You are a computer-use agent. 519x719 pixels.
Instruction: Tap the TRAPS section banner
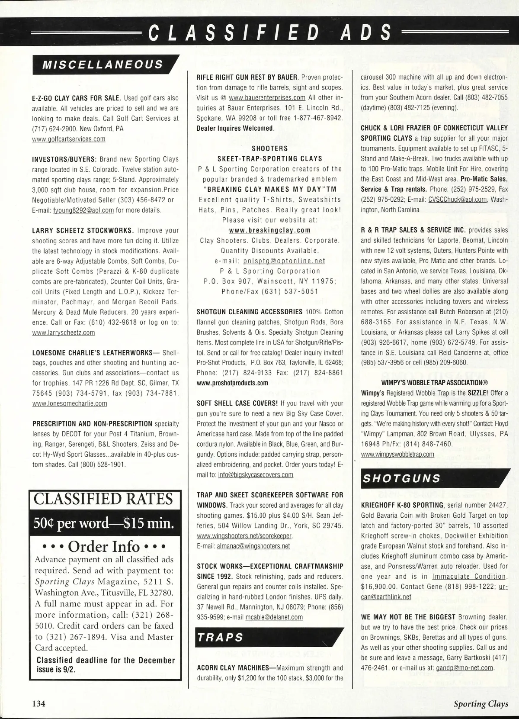pos(221,638)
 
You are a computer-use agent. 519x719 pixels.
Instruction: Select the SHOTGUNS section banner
pos(401,478)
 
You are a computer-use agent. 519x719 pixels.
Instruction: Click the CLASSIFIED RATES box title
pos(103,499)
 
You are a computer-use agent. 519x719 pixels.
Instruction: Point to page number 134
pos(38,703)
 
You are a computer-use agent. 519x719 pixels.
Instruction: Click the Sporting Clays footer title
pos(481,703)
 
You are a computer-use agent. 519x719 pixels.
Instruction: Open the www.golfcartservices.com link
pos(69,139)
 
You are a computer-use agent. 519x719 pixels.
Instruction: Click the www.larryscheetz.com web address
pos(64,332)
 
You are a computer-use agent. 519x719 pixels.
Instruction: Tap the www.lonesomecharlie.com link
pos(70,403)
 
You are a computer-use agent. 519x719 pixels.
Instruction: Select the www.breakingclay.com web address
pos(269,230)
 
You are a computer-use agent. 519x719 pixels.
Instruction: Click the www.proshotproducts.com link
pos(232,383)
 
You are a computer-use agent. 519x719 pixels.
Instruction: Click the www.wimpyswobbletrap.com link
pos(397,454)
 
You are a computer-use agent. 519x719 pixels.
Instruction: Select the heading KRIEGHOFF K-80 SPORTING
pos(402,505)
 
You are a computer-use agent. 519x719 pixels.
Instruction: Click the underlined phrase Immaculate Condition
pos(469,577)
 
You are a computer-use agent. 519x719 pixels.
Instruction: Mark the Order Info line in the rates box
pos(103,546)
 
